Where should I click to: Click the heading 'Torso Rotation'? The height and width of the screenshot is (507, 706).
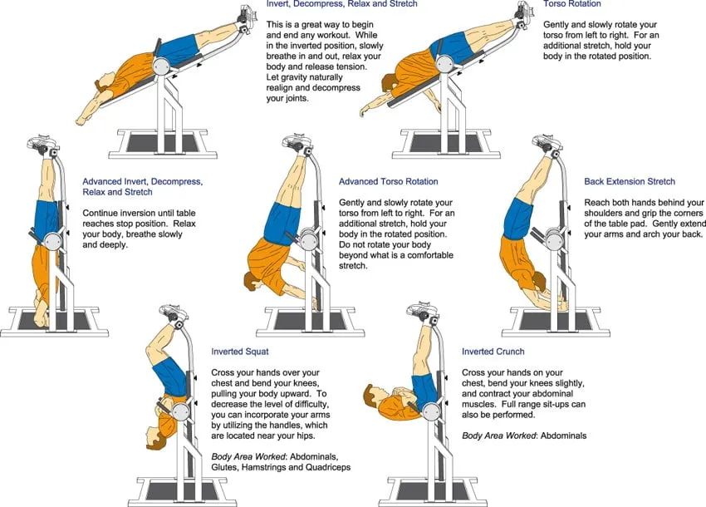[x=571, y=4]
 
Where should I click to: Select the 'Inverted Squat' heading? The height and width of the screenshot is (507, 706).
[x=240, y=352]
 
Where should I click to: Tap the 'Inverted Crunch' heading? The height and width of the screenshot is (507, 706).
[x=493, y=352]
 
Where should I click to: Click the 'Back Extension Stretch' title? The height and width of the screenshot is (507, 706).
[x=630, y=182]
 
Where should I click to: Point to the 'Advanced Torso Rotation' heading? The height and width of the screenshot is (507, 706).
[x=388, y=182]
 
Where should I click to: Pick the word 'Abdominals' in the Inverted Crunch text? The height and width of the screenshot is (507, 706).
[x=564, y=436]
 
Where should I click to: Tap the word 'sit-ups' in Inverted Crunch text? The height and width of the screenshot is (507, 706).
[x=556, y=404]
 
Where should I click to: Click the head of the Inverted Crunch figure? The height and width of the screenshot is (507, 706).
[x=372, y=396]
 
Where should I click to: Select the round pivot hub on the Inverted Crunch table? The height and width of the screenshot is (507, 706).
[x=431, y=411]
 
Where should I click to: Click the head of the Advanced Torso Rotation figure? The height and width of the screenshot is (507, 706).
[x=252, y=281]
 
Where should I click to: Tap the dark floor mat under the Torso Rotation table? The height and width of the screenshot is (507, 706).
[x=445, y=143]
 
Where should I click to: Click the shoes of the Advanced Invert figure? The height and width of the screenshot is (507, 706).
[x=42, y=143]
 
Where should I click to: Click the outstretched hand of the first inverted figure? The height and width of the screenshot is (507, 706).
[x=82, y=121]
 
